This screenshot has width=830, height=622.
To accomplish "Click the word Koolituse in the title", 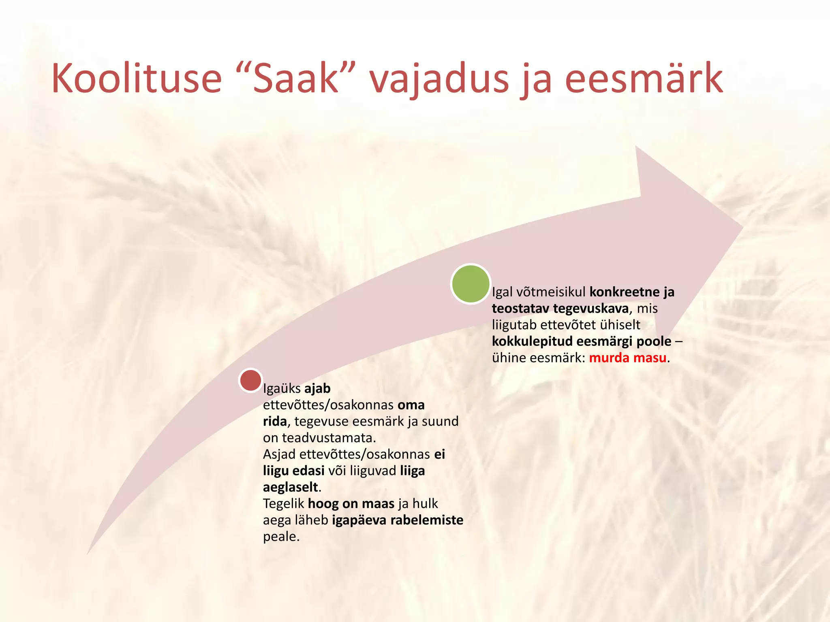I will click(x=137, y=78).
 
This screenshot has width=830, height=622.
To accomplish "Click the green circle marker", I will click(x=470, y=284).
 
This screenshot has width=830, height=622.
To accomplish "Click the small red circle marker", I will click(x=250, y=380).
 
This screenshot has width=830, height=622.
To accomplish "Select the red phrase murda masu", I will click(x=627, y=358).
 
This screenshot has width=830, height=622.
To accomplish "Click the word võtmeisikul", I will click(x=551, y=292).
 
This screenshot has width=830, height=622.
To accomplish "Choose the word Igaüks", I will click(x=282, y=389).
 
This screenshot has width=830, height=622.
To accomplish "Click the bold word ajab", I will click(x=317, y=389).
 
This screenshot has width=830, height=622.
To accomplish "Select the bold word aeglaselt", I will click(x=290, y=487).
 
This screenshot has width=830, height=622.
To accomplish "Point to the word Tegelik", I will click(x=284, y=504).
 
